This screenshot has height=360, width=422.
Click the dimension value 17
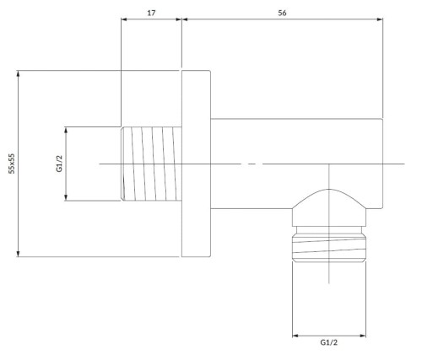(x=151, y=13)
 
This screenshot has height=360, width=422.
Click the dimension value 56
(x=282, y=13)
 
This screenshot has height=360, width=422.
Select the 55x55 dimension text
(x=12, y=164)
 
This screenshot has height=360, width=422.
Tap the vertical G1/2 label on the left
(x=59, y=164)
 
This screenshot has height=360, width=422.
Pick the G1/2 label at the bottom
(x=328, y=342)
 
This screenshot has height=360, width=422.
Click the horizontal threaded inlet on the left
(x=151, y=164)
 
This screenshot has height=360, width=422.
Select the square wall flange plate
(x=196, y=164)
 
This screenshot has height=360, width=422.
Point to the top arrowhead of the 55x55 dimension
(x=19, y=73)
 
